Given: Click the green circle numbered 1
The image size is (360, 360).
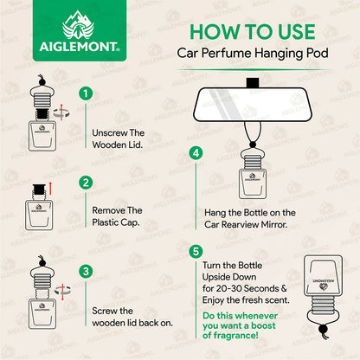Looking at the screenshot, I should coord(85,93).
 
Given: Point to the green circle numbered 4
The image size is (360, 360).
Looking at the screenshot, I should coord(196,152).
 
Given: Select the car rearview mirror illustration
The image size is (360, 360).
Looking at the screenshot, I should coord(253,106).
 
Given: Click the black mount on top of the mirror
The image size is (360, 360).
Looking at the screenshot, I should coord(253,84).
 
